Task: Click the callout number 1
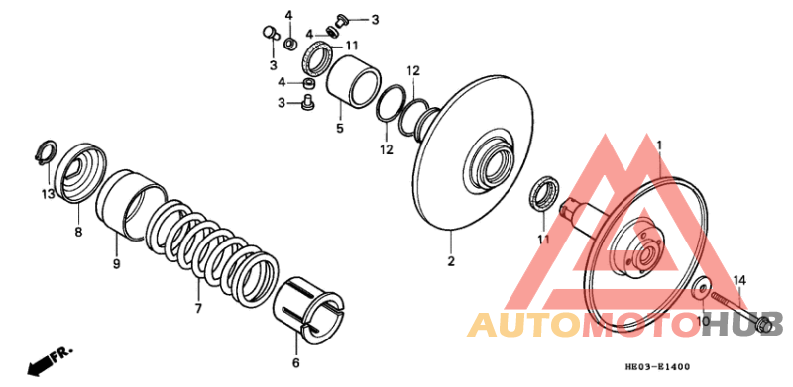(x=658, y=145)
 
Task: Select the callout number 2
(x=450, y=262)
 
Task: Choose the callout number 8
(x=78, y=233)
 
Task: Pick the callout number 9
(x=116, y=264)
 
